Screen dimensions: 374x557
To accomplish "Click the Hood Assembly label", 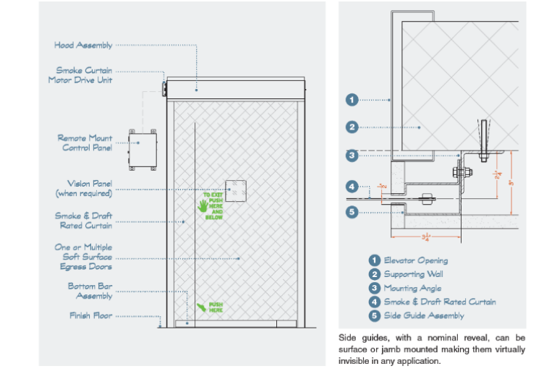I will pyautogui.click(x=83, y=45).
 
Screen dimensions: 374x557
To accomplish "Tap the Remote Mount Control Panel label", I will pyautogui.click(x=85, y=143).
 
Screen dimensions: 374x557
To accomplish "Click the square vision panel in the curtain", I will pyautogui.click(x=236, y=190).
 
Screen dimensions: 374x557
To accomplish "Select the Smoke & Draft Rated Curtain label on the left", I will pyautogui.click(x=83, y=220).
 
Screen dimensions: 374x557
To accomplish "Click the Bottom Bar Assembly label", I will pyautogui.click(x=90, y=291).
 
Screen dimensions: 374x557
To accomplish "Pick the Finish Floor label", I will pyautogui.click(x=90, y=315).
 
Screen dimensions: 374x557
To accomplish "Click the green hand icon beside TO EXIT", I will pyautogui.click(x=203, y=205).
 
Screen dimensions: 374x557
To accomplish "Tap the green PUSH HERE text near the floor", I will pyautogui.click(x=216, y=307).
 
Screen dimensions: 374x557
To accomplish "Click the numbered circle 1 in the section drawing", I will pyautogui.click(x=352, y=100).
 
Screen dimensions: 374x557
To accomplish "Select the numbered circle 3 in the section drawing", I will pyautogui.click(x=352, y=155).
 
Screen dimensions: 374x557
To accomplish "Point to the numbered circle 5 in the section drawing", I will pyautogui.click(x=352, y=212).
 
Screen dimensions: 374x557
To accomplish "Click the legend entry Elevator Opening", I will pyautogui.click(x=415, y=260).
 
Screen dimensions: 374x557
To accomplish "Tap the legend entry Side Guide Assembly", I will pyautogui.click(x=423, y=315).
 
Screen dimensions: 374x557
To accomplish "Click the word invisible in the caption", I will pyautogui.click(x=355, y=361).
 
